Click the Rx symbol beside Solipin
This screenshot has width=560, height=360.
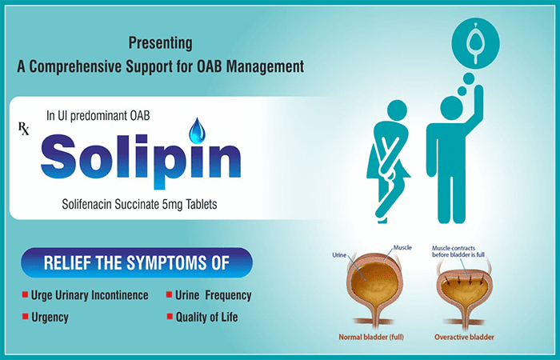click(x=24, y=128)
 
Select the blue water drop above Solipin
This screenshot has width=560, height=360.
click(x=196, y=129)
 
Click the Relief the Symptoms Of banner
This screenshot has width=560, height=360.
click(x=137, y=262)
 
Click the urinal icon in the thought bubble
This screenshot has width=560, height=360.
click(x=478, y=38)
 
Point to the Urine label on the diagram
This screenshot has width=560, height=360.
click(x=338, y=256)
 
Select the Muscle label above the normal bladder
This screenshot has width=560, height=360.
click(x=402, y=248)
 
